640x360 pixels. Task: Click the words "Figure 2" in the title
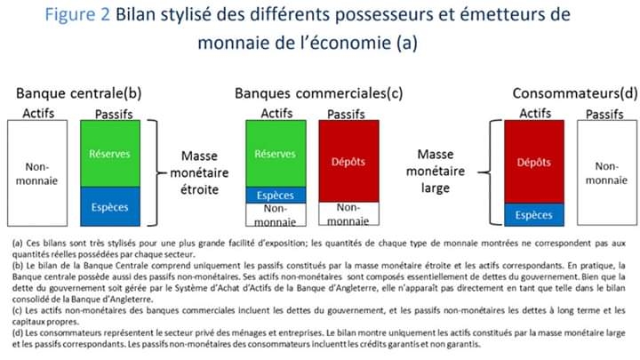tap(77, 15)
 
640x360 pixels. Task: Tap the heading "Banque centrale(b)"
tap(79, 93)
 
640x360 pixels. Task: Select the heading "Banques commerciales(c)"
tap(319, 93)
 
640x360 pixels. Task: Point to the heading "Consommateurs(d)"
tap(575, 93)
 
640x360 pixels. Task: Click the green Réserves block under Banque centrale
tap(110, 154)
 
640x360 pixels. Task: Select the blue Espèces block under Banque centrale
tap(110, 206)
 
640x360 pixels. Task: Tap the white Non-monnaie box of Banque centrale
tap(37, 173)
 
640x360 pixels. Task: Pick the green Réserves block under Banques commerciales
tap(276, 154)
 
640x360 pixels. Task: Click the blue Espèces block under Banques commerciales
tap(276, 195)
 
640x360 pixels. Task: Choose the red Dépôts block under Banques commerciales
tap(348, 161)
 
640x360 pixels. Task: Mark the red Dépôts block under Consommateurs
tap(534, 162)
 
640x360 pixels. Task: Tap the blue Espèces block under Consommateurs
tap(534, 215)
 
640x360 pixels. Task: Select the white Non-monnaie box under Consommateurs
tap(607, 172)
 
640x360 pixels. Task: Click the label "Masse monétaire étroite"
tap(199, 172)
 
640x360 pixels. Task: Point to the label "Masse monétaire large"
tap(436, 171)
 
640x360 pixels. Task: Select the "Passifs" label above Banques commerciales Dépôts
tap(346, 114)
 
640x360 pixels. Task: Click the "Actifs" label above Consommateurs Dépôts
tap(535, 113)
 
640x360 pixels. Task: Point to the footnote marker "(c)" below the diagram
tap(17, 310)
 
